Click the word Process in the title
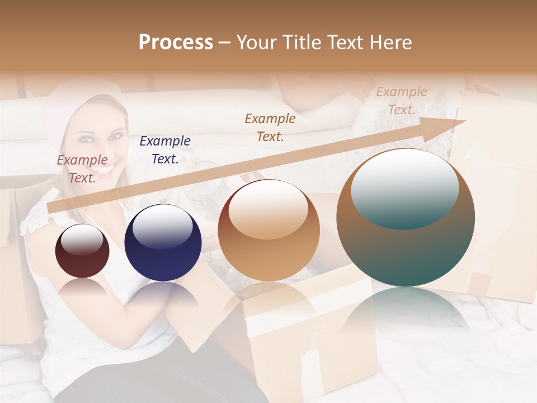click(176, 43)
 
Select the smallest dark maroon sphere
click(82, 251)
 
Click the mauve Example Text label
click(82, 168)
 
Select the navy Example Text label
click(165, 149)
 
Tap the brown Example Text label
click(270, 127)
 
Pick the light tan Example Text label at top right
click(401, 101)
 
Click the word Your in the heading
click(257, 43)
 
